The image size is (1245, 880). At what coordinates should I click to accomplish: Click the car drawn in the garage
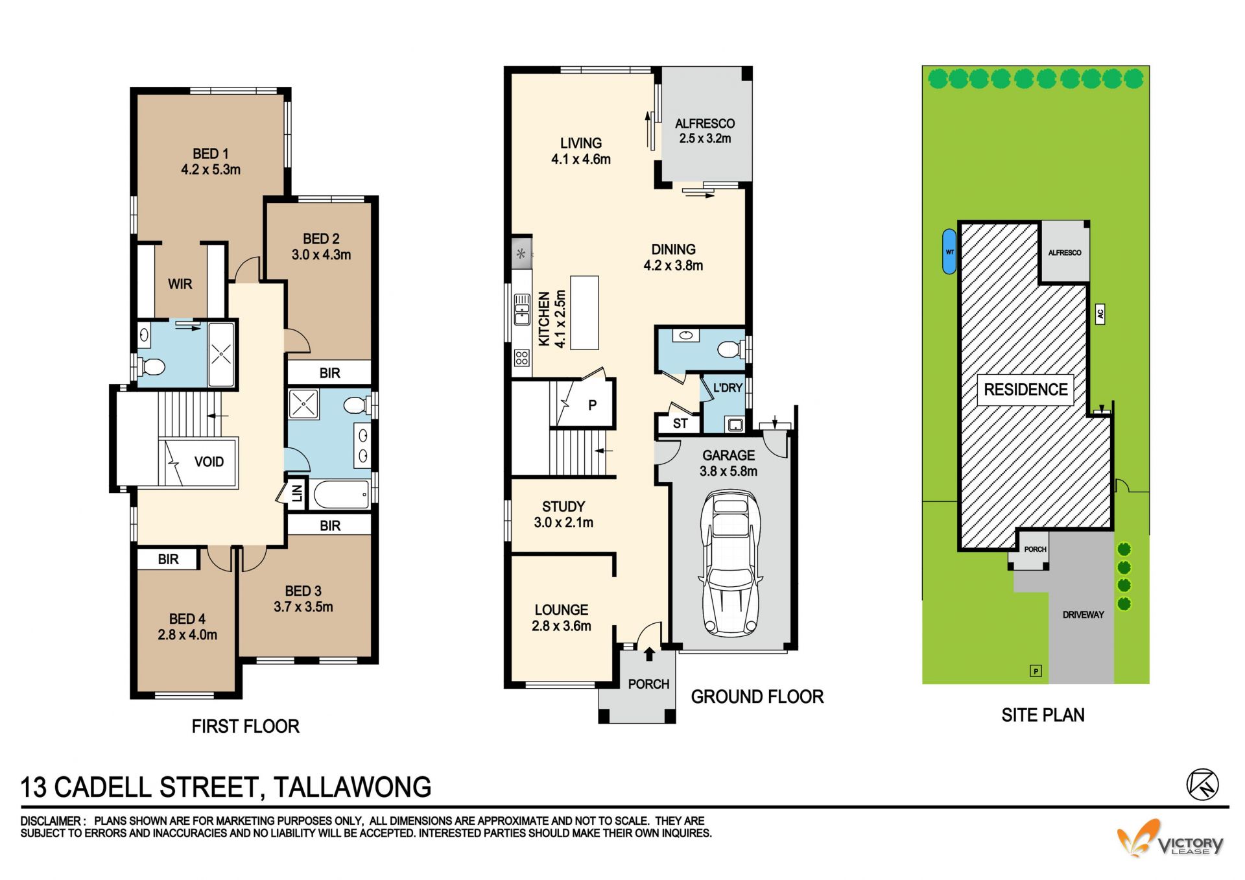tap(729, 563)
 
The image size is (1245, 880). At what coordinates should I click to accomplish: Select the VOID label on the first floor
tap(209, 462)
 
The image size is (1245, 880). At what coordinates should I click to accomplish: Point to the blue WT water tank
tap(949, 252)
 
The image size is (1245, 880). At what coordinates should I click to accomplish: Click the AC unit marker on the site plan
tap(1100, 315)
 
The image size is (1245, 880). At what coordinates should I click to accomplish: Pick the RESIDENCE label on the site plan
tap(1026, 390)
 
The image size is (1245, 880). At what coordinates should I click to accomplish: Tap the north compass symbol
tap(1203, 785)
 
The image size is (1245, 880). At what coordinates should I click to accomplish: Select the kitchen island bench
tap(584, 313)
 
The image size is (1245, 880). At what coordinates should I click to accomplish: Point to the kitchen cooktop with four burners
tap(522, 358)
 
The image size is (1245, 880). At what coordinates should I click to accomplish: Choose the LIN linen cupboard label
tap(297, 493)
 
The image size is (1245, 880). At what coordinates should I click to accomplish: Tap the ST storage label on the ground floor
tap(680, 424)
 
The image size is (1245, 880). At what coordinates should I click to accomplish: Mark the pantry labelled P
tap(592, 405)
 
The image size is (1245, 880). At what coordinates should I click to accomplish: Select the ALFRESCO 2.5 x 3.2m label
tap(705, 131)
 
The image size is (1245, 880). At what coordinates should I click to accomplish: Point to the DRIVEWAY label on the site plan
tap(1083, 615)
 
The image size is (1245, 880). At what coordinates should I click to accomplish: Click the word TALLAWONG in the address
tap(352, 787)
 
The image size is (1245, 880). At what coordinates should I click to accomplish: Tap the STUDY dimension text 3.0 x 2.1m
tap(563, 523)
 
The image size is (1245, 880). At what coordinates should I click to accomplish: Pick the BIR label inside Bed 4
tap(168, 559)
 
